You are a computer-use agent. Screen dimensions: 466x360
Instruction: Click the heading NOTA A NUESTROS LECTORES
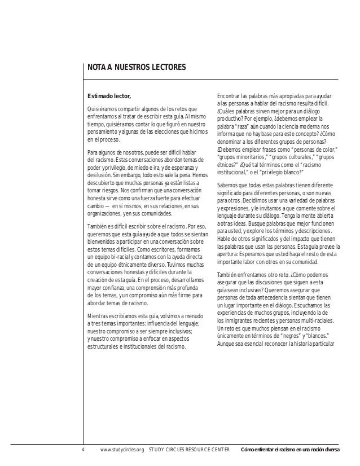click(x=135, y=68)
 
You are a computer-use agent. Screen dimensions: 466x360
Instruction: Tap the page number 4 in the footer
click(x=82, y=450)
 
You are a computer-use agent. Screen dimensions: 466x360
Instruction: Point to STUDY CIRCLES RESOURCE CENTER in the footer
click(x=190, y=450)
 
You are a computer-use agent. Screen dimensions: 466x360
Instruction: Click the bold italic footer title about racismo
click(x=289, y=450)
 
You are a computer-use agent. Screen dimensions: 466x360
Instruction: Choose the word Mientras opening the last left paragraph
click(x=98, y=316)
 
